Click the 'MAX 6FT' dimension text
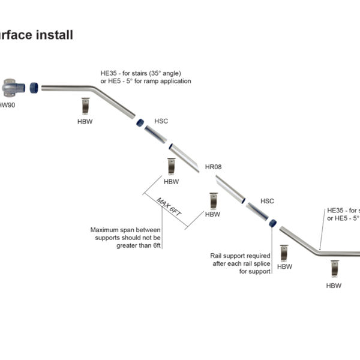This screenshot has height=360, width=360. (x=169, y=207)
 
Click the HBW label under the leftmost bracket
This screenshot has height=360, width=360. (x=85, y=122)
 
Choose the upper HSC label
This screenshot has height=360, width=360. (x=161, y=121)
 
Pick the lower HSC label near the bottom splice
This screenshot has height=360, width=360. (x=267, y=201)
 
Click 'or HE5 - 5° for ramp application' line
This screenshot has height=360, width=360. (x=145, y=81)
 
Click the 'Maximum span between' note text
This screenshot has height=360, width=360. (x=126, y=230)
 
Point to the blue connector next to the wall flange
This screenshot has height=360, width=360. (x=34, y=87)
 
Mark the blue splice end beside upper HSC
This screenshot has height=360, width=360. (x=139, y=122)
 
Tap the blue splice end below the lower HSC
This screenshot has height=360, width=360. (x=272, y=223)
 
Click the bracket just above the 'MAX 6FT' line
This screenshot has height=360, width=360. (x=171, y=166)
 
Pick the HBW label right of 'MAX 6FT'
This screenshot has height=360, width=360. (x=212, y=214)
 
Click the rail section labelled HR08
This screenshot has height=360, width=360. (x=184, y=157)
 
